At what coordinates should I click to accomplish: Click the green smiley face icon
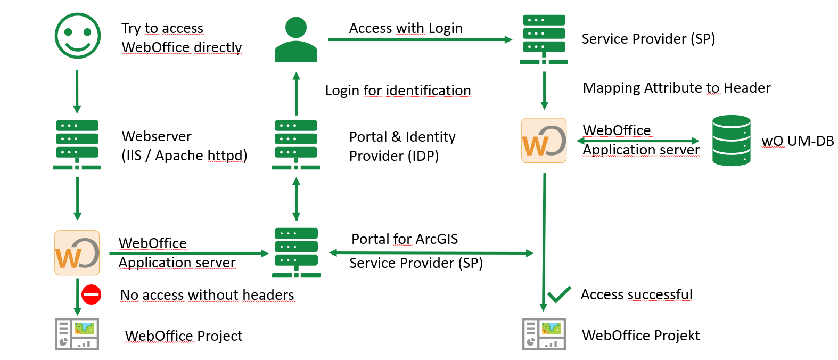[x=78, y=36]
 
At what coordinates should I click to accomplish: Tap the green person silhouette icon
[x=296, y=40]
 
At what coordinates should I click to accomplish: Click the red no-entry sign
[x=91, y=294]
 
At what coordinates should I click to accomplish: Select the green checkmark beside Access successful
[x=559, y=294]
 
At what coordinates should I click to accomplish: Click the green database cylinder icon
[x=731, y=141]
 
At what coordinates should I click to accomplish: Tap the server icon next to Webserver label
[x=77, y=144]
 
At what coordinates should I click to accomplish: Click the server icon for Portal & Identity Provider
[x=296, y=144]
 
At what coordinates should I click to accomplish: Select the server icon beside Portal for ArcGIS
[x=296, y=252]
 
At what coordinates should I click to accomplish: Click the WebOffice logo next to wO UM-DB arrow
[x=544, y=141]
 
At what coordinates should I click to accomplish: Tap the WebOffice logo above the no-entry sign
[x=77, y=252]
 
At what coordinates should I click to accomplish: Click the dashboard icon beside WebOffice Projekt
[x=544, y=334]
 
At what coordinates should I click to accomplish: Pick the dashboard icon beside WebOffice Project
[x=77, y=334]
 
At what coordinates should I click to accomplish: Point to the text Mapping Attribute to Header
[x=676, y=88]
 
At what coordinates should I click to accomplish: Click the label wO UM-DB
[x=797, y=141]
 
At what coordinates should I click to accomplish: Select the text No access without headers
[x=207, y=295]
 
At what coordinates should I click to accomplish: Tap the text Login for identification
[x=398, y=91]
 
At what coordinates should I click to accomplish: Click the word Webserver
[x=157, y=136]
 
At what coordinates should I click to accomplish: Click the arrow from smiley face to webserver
[x=77, y=92]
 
